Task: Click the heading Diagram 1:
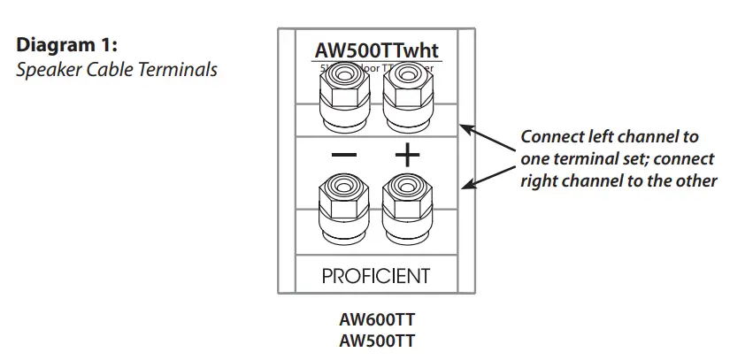pos(67,45)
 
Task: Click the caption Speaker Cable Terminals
pos(117,69)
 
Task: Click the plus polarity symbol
pos(407,156)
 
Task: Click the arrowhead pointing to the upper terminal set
pos(465,129)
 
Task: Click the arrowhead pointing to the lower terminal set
pos(465,185)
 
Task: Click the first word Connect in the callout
pos(550,137)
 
